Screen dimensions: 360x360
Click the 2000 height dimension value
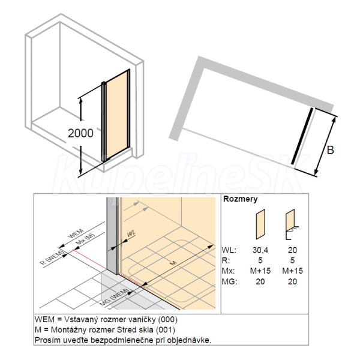(80, 133)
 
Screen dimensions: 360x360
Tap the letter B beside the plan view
(330, 150)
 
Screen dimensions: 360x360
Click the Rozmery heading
(241, 199)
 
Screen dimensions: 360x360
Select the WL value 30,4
(260, 250)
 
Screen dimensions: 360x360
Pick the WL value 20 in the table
(292, 250)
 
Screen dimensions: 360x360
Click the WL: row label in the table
(229, 250)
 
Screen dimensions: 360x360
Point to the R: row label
(226, 260)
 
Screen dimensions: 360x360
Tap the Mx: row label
(228, 271)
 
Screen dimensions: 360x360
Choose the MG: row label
(229, 281)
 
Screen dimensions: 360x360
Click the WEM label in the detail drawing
(76, 233)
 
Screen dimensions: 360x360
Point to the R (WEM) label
(52, 257)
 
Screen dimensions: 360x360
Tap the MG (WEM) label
(114, 297)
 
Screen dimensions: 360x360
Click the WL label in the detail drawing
(131, 234)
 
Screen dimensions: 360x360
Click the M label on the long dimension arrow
(173, 263)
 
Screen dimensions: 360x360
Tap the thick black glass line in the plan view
(302, 136)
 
